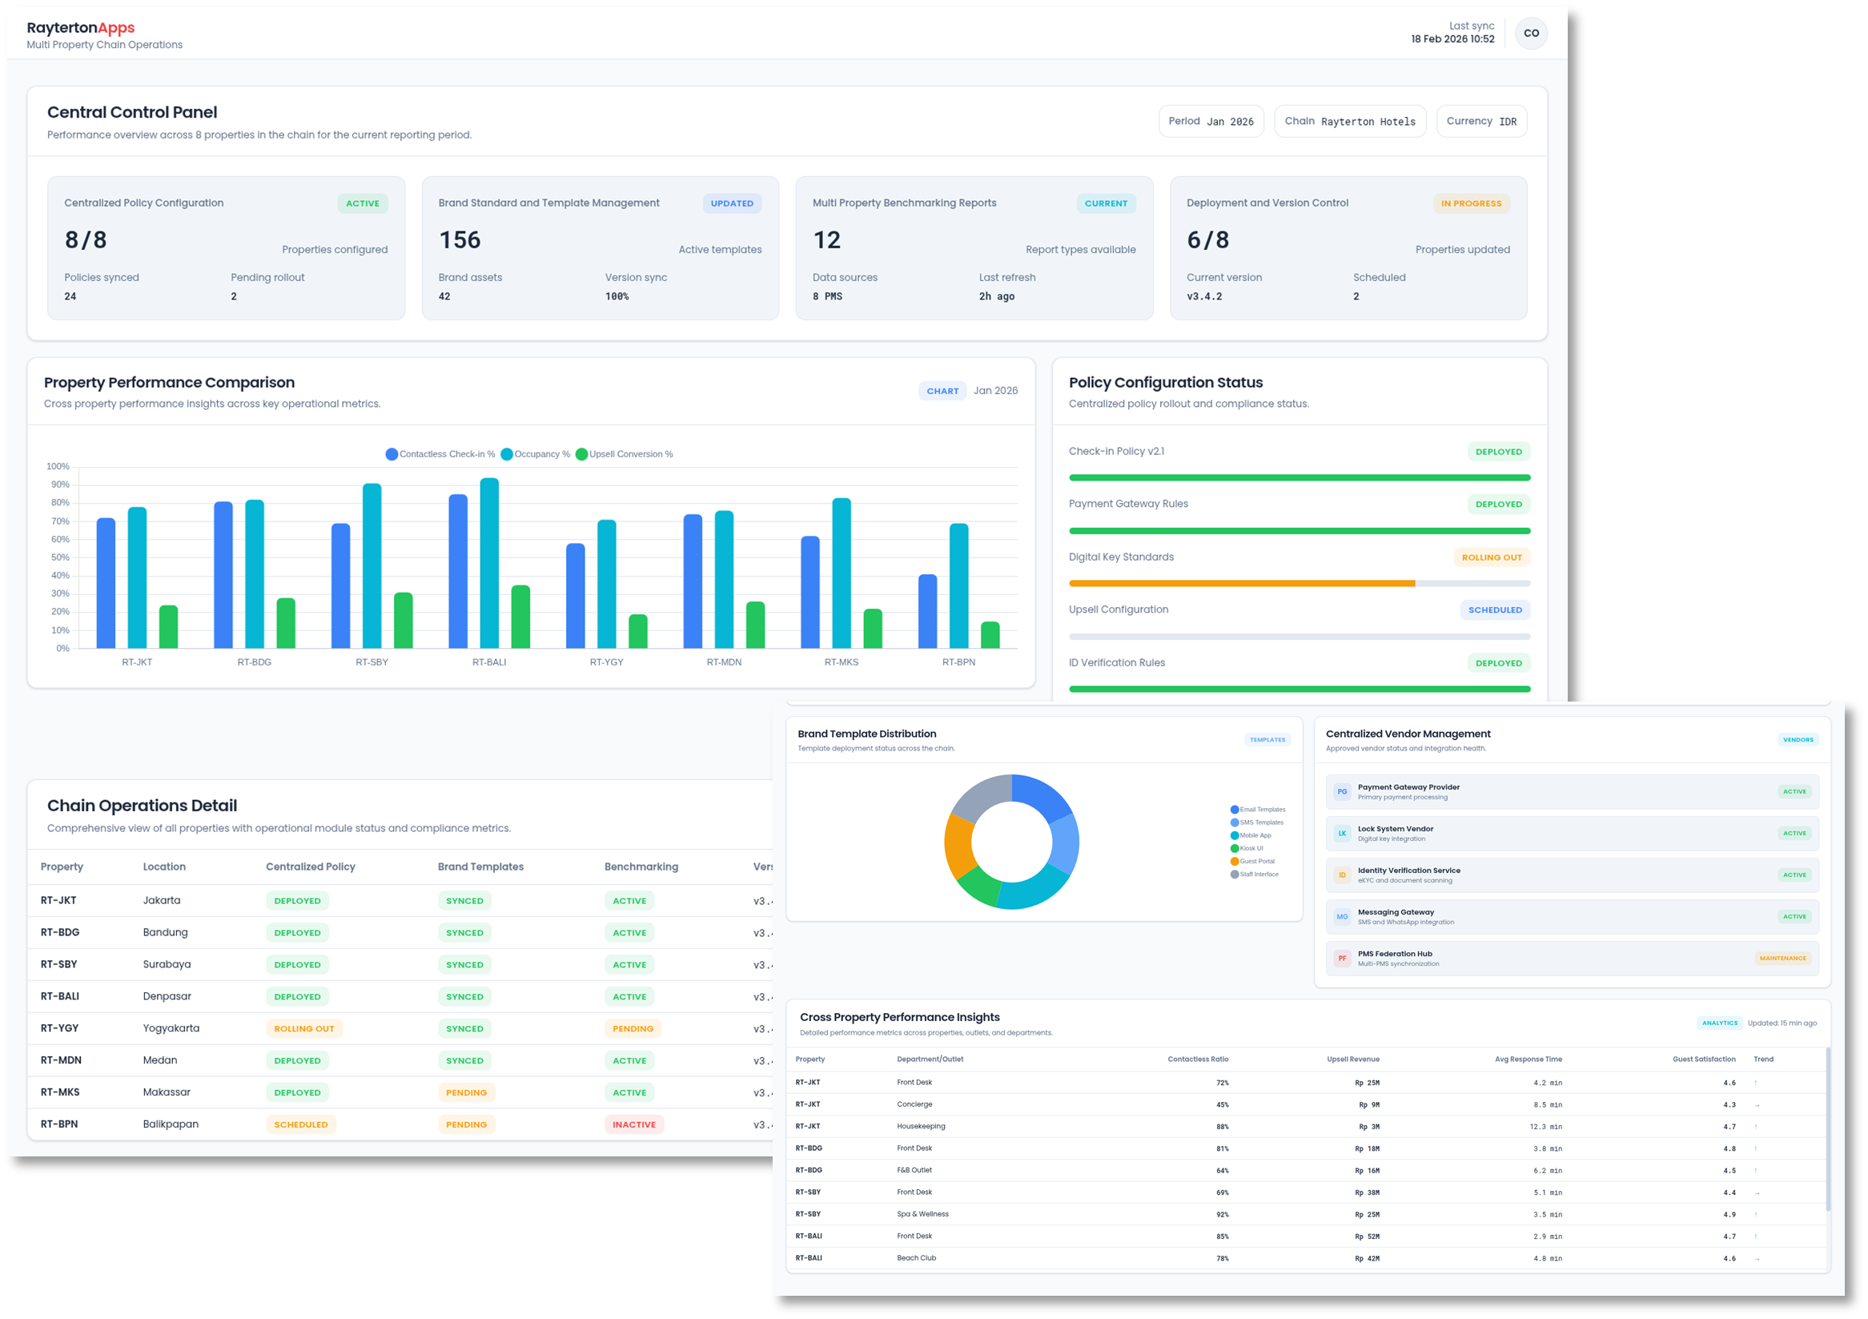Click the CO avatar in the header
pos(1530,34)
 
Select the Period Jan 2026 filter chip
pos(1210,121)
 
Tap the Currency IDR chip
pos(1480,121)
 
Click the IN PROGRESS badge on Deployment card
pos(1470,203)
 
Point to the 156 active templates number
pos(460,240)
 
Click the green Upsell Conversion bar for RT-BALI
pos(520,617)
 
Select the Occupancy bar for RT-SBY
pos(372,565)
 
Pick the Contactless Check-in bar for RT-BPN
pos(927,611)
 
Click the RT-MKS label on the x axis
pos(842,662)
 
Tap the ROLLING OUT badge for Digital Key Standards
pos(1491,557)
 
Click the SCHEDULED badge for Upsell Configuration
pos(1494,610)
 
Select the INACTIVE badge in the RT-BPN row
pos(634,1124)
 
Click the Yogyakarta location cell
pos(171,1028)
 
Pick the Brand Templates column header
pos(480,867)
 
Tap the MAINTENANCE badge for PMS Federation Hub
pos(1782,959)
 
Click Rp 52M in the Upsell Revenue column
pos(1366,1236)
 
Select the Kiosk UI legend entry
pos(1251,849)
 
